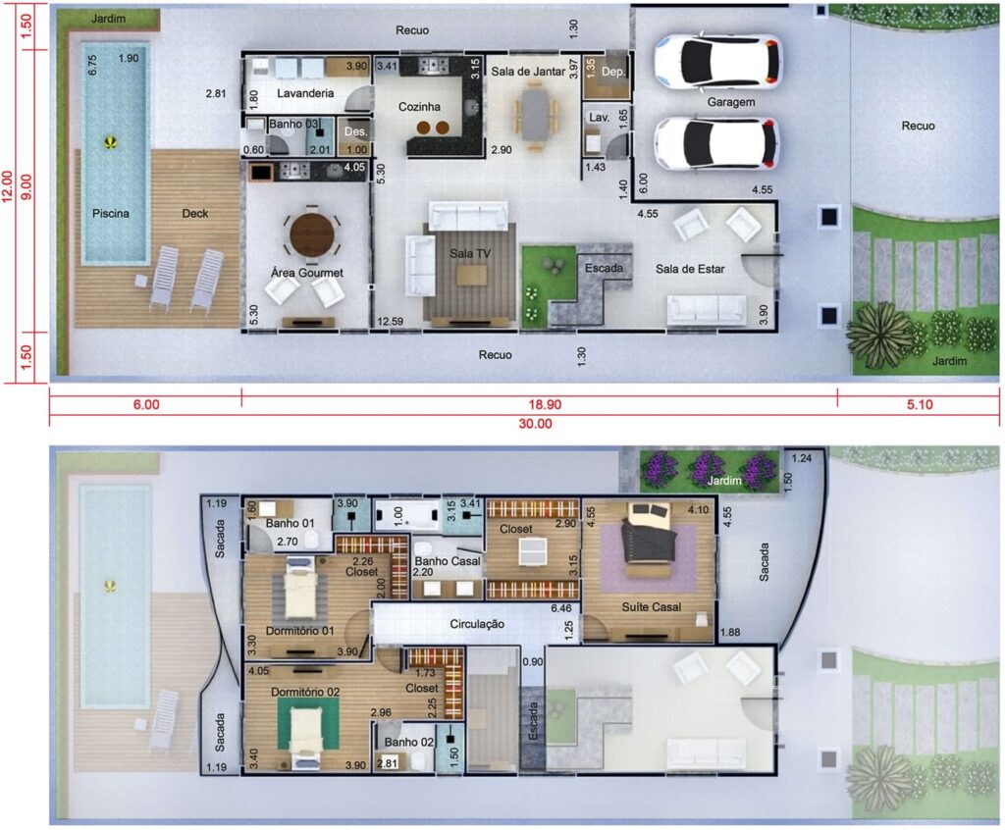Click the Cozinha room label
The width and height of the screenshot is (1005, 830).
coord(419,106)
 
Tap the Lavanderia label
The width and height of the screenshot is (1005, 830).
coord(305,93)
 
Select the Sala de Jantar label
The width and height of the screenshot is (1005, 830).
coord(528,72)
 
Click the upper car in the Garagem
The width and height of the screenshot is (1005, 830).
coord(717,61)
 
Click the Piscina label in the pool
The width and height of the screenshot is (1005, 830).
coord(111,213)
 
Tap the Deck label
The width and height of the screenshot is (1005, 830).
coord(195,213)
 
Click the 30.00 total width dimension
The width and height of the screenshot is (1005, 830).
coord(535,423)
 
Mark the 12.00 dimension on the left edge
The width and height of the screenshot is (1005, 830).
coord(7,185)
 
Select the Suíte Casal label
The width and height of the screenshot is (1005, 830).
coord(652,606)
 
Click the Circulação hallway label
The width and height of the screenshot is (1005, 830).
coord(477,624)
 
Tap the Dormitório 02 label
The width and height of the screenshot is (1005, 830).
coord(305,693)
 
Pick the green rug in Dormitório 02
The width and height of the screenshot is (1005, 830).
coord(307,723)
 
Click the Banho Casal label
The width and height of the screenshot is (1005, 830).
coord(448,561)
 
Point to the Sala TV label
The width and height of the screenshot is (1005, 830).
coord(470,253)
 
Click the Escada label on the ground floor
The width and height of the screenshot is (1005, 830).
coord(604,268)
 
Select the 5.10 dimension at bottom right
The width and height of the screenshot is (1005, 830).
coord(920,404)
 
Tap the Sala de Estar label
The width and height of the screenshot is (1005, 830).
coord(690,269)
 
